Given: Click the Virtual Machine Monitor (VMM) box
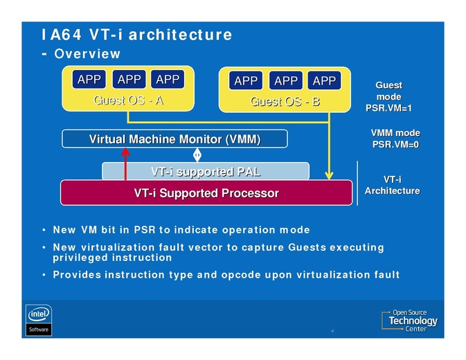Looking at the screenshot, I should (174, 139).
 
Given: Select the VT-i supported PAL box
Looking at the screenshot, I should (206, 171).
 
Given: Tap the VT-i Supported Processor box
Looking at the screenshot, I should (206, 193).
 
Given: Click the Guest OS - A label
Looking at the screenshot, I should (128, 100).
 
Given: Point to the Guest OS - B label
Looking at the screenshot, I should (285, 102).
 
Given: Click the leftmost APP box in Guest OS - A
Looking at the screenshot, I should (89, 80).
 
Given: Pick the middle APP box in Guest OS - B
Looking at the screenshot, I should (286, 81).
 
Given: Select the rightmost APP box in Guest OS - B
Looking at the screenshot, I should (324, 81).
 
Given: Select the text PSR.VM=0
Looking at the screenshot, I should (395, 145).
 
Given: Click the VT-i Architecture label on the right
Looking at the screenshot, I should (392, 185).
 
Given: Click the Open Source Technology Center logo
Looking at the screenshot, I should (410, 321).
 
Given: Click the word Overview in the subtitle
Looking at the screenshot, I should (87, 53).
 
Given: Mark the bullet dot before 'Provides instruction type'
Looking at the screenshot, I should (44, 275).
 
